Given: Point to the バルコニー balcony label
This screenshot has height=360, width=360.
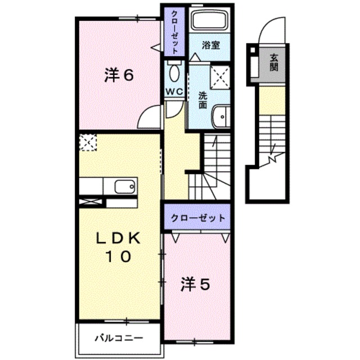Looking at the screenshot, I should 118,339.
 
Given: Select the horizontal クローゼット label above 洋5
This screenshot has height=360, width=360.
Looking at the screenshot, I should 197,218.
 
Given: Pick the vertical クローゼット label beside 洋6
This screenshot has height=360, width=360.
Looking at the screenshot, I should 175,31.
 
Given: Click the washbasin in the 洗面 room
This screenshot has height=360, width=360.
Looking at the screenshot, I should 221,117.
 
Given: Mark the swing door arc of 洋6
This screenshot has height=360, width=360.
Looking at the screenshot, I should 149,116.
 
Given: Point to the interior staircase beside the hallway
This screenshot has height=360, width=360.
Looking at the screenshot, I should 215,166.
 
